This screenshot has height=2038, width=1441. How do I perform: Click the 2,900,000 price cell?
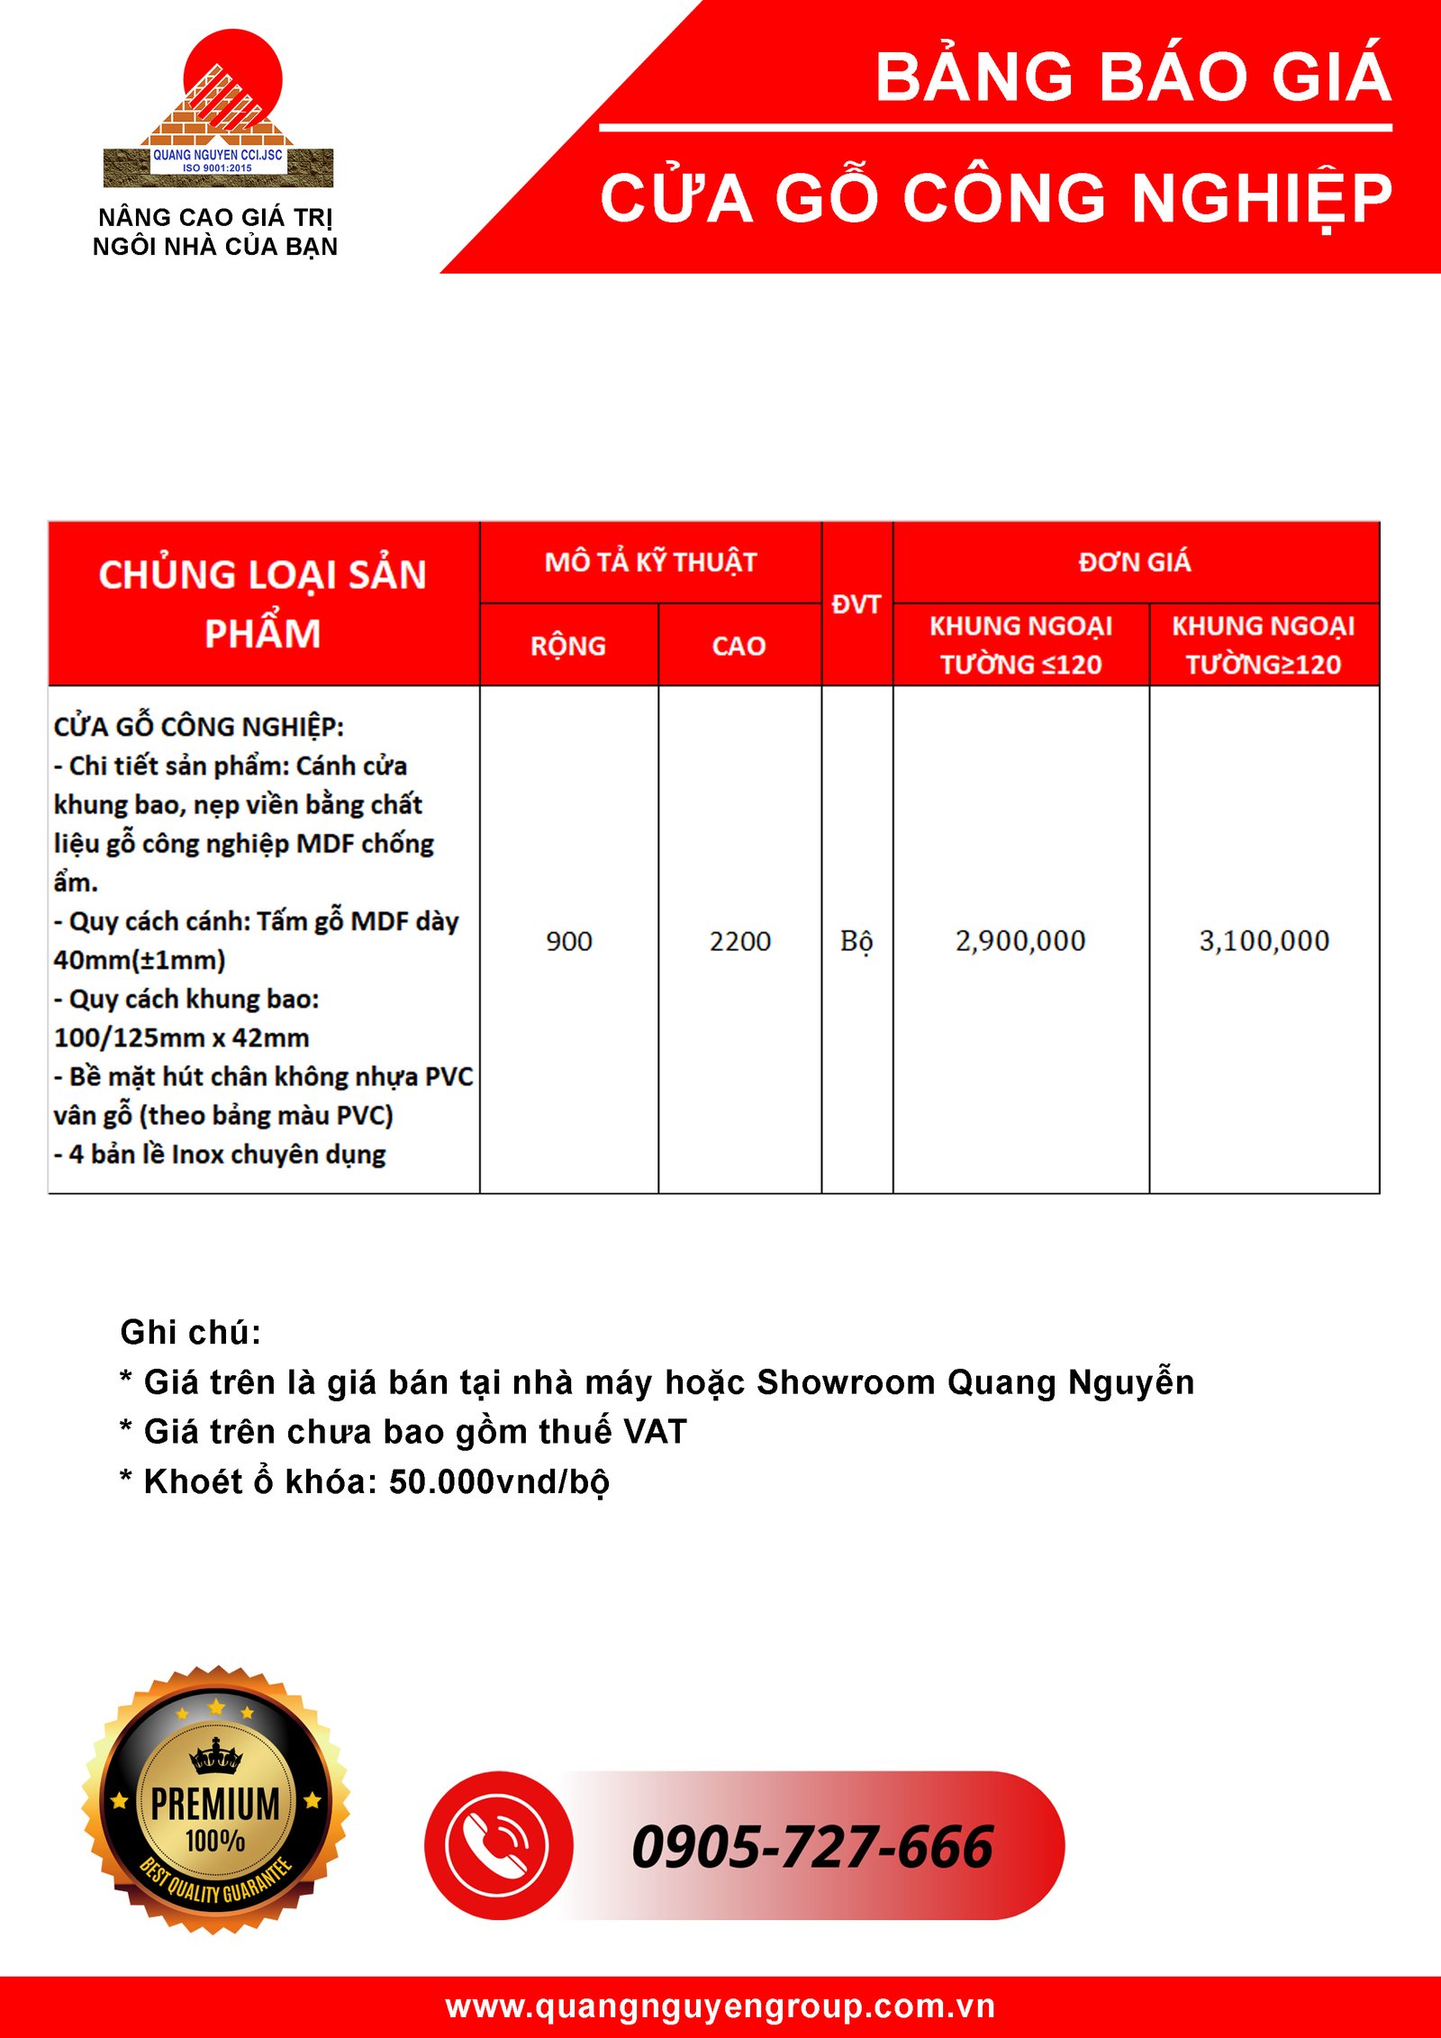click(x=1020, y=941)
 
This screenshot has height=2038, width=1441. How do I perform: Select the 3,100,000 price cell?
click(x=1264, y=941)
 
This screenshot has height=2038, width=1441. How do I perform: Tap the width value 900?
click(x=569, y=942)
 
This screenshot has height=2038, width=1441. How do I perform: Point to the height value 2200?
click(x=739, y=942)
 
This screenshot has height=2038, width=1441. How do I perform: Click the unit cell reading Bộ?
click(x=856, y=942)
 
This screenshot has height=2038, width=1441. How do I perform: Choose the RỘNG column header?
click(x=568, y=646)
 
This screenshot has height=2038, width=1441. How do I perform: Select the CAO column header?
click(x=739, y=646)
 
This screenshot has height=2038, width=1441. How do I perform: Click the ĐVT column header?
click(x=856, y=604)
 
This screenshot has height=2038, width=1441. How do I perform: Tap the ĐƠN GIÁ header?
click(x=1135, y=562)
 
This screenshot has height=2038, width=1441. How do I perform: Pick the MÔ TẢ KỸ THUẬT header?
click(x=650, y=562)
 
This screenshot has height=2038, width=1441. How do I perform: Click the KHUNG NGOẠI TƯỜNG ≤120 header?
click(x=1020, y=645)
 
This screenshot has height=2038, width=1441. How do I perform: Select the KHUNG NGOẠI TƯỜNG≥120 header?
click(x=1264, y=645)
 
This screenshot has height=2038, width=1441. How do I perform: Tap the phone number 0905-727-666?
click(x=811, y=1848)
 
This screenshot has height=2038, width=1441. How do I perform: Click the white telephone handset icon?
click(x=497, y=1846)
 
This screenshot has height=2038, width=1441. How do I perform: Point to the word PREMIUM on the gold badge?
click(x=215, y=1805)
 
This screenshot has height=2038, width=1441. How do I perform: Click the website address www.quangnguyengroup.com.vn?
click(x=720, y=2006)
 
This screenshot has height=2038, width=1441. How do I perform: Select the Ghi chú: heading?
click(x=191, y=1332)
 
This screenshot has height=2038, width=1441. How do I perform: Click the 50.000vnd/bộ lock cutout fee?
click(x=499, y=1481)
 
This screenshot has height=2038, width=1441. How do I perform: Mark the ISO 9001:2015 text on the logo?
click(x=217, y=168)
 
